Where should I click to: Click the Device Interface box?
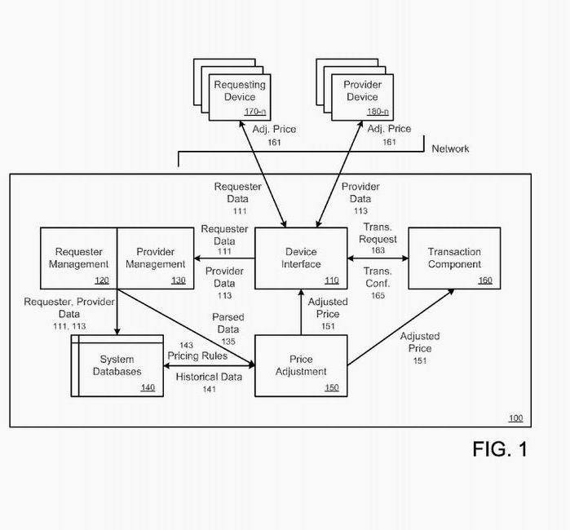click(x=301, y=258)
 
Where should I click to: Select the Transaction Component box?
click(x=454, y=258)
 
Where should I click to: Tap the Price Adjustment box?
click(x=301, y=365)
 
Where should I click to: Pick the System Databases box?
click(x=117, y=365)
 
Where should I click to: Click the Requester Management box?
click(x=78, y=258)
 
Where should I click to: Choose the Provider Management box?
click(x=156, y=258)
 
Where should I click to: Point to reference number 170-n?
click(x=254, y=112)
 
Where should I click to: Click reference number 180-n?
click(x=378, y=112)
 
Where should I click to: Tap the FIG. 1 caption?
click(x=500, y=449)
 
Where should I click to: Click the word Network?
click(x=450, y=148)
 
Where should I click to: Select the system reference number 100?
click(x=516, y=418)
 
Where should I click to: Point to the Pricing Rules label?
click(x=197, y=356)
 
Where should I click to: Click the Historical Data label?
click(x=209, y=377)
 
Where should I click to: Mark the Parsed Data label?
click(x=228, y=323)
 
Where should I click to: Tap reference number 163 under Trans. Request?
click(x=378, y=250)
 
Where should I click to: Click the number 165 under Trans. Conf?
click(x=378, y=295)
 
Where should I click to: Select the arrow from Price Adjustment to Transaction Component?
click(x=401, y=327)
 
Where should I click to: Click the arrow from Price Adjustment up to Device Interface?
click(x=301, y=312)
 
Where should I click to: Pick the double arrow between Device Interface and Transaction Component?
click(x=378, y=258)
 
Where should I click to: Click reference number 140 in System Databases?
click(x=148, y=387)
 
